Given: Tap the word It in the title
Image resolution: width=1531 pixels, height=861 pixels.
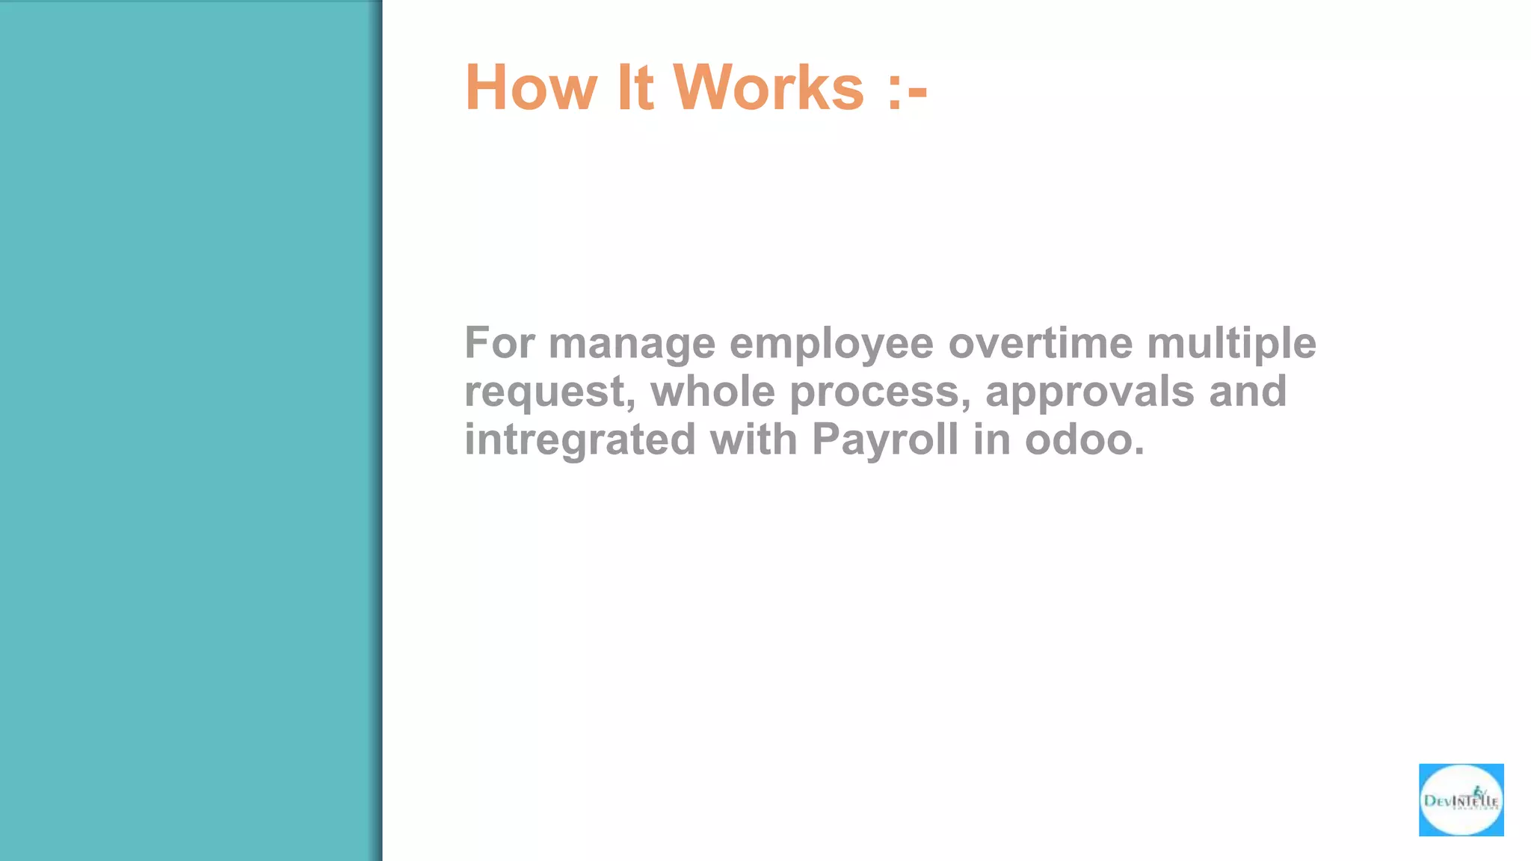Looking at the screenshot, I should [x=635, y=88].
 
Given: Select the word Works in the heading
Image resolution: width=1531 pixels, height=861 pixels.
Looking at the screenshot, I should [x=768, y=88].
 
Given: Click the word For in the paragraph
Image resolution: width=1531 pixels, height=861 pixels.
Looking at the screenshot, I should [x=499, y=343].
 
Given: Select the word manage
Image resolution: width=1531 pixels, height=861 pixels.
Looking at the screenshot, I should [x=632, y=345].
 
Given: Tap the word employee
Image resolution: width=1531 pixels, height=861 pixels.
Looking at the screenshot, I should [x=831, y=345].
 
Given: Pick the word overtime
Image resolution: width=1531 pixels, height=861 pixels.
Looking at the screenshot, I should [x=1040, y=343].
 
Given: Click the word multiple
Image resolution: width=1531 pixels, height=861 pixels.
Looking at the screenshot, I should [x=1231, y=345].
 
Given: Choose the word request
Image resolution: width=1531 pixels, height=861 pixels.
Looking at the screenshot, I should [x=549, y=392].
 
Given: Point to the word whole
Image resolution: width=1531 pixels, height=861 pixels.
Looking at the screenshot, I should [x=712, y=391].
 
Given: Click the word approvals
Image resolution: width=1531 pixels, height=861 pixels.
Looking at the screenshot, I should [x=1089, y=392].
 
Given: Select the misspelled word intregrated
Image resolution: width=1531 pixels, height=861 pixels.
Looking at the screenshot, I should [x=579, y=440].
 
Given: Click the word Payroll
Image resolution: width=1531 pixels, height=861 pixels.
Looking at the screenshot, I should [x=885, y=440].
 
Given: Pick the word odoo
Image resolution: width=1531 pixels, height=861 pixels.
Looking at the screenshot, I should [x=1084, y=439].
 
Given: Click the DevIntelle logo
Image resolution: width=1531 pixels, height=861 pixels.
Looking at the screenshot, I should [x=1461, y=800].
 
